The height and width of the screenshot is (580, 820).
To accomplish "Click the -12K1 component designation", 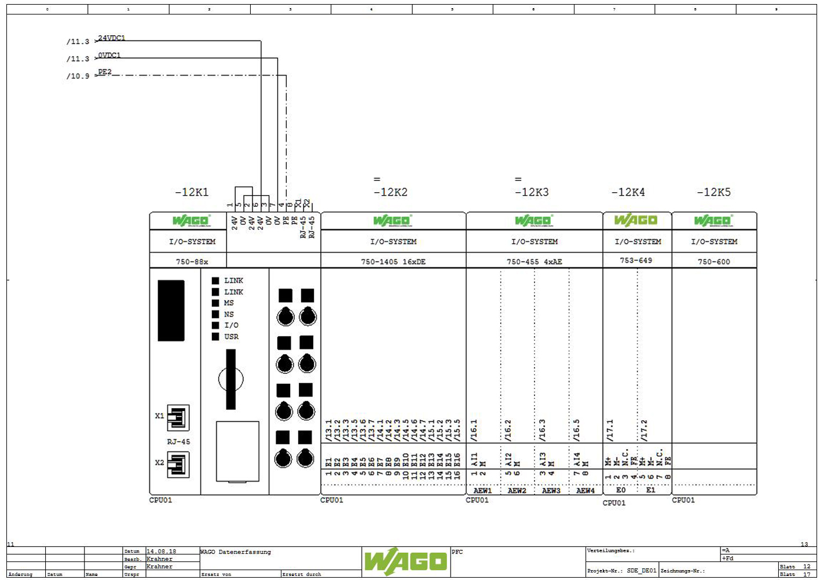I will pyautogui.click(x=192, y=192).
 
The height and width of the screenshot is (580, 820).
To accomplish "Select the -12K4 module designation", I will pyautogui.click(x=628, y=192).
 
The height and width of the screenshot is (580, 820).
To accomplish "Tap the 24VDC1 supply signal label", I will pyautogui.click(x=112, y=38).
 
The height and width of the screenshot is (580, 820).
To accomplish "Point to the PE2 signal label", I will pyautogui.click(x=105, y=72).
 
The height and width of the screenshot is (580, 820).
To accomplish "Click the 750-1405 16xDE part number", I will pyautogui.click(x=393, y=262).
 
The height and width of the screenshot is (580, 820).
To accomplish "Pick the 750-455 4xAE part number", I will pyautogui.click(x=535, y=262).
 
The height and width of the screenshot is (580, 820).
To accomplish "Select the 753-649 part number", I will pyautogui.click(x=636, y=260).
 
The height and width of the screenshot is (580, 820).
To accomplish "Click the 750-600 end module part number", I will pyautogui.click(x=714, y=262).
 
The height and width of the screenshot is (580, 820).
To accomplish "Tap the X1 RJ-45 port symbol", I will pyautogui.click(x=178, y=417).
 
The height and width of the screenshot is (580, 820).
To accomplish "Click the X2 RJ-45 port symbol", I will pyautogui.click(x=178, y=464).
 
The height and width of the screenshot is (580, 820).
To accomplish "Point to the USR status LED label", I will pyautogui.click(x=231, y=337).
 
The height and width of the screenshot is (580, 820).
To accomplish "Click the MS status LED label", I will pyautogui.click(x=229, y=303).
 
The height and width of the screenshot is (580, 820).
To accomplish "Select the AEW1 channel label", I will pyautogui.click(x=482, y=491).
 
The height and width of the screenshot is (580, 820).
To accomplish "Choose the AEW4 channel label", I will pyautogui.click(x=585, y=491).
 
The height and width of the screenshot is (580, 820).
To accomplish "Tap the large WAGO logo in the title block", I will pyautogui.click(x=406, y=561).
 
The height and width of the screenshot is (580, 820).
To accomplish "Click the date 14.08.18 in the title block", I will pyautogui.click(x=162, y=552).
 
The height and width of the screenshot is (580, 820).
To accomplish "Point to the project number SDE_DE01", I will pyautogui.click(x=642, y=571).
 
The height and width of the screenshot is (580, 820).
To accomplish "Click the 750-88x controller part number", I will pyautogui.click(x=192, y=262).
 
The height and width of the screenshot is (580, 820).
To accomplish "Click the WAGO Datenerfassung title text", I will pyautogui.click(x=236, y=552).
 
